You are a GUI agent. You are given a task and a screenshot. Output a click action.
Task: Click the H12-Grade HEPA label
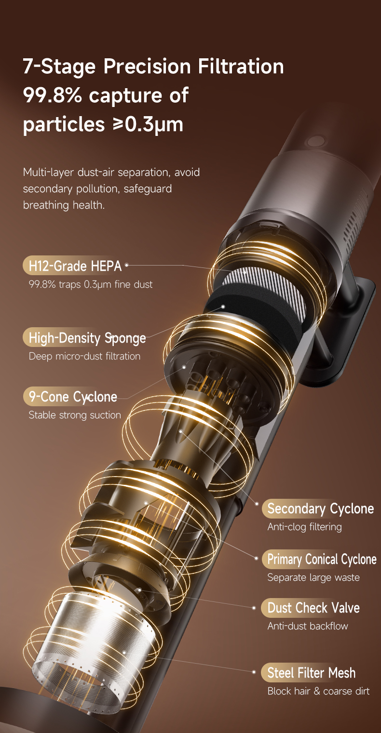click(x=75, y=266)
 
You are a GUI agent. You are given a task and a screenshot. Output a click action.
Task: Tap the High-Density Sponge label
click(x=87, y=338)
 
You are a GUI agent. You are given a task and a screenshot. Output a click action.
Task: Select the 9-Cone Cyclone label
click(x=73, y=397)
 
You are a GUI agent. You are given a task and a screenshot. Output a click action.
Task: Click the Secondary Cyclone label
click(x=320, y=509)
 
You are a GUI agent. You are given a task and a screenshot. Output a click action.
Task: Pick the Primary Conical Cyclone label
click(x=322, y=559)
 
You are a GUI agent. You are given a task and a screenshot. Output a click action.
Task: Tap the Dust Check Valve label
click(x=313, y=608)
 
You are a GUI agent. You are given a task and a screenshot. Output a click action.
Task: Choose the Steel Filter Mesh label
click(x=311, y=673)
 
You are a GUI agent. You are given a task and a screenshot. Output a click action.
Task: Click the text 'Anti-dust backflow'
click(x=308, y=626)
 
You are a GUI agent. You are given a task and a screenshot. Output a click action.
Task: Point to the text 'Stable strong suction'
click(x=75, y=415)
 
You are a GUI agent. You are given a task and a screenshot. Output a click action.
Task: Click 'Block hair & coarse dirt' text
click(x=318, y=691)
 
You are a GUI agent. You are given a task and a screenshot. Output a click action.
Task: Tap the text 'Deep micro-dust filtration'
click(x=84, y=356)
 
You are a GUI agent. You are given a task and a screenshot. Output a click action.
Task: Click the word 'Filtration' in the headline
click(x=241, y=67)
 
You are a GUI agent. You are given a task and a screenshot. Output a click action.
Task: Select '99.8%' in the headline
click(x=52, y=95)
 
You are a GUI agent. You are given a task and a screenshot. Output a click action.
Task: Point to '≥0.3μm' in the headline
click(x=148, y=125)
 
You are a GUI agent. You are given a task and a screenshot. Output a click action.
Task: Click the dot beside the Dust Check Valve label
click(x=254, y=608)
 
